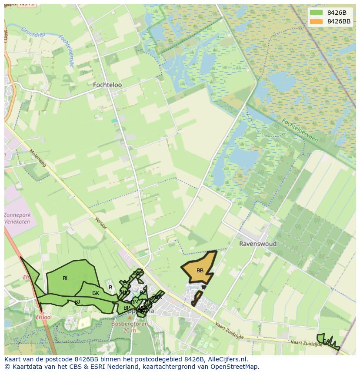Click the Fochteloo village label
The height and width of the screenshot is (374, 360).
[107, 85]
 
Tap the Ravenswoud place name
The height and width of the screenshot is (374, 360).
[258, 244]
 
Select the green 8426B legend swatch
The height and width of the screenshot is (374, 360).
[317, 13]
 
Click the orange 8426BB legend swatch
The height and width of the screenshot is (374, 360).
[317, 21]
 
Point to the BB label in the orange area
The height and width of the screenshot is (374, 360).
[200, 271]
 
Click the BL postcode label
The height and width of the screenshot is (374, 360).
[66, 278]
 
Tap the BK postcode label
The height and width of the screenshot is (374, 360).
[96, 293]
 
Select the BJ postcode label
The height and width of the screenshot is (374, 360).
[77, 301]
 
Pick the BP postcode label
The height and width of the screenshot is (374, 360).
[127, 308]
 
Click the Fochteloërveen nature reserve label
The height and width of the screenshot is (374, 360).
[300, 129]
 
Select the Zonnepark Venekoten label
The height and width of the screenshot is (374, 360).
[17, 218]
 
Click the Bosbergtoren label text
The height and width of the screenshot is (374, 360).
[129, 324]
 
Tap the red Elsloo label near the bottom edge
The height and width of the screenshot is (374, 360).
[43, 317]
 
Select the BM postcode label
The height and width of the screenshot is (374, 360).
[134, 302]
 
